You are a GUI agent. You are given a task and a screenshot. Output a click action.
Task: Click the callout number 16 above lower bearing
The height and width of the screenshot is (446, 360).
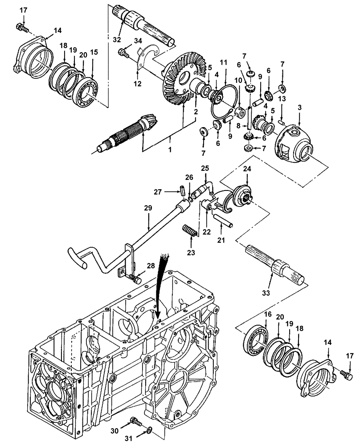click(x=268, y=314)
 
